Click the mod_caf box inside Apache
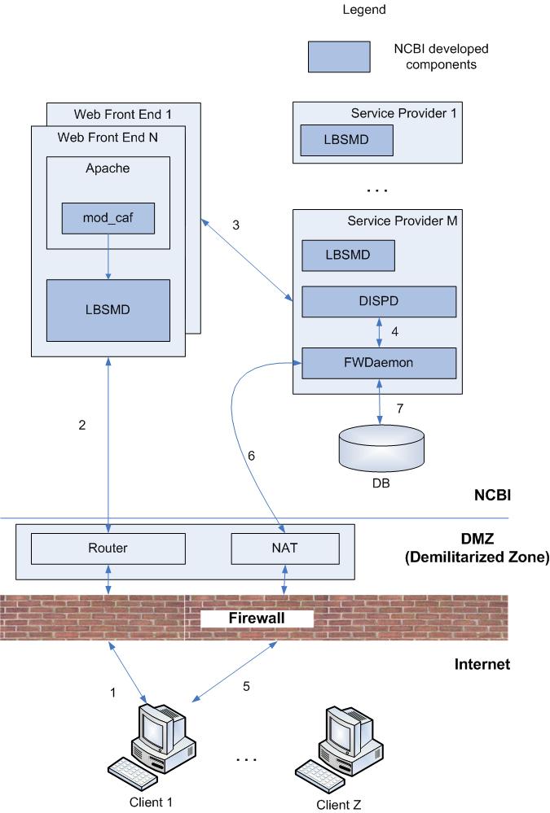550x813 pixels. [108, 217]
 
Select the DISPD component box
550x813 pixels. [379, 302]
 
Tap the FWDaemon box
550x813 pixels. [379, 362]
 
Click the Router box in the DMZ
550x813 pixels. [108, 549]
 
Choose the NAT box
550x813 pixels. [285, 549]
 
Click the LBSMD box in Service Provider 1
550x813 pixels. [347, 140]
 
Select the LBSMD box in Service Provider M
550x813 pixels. [349, 255]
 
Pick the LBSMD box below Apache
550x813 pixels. [108, 310]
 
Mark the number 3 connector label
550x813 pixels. [235, 225]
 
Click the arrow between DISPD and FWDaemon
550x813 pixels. [379, 332]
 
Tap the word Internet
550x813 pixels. [482, 665]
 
